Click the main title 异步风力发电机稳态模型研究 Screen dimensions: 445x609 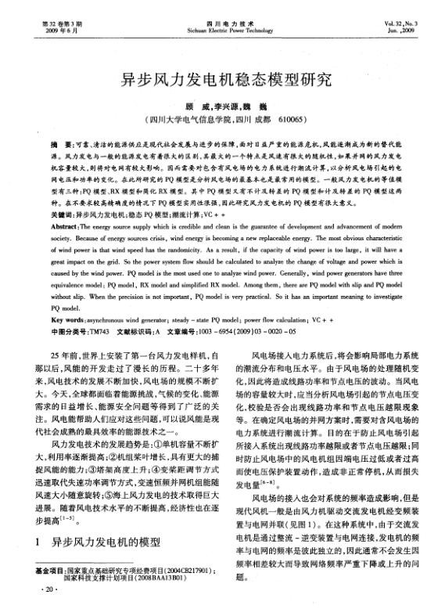[222, 80]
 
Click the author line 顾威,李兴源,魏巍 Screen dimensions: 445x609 [221, 106]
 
